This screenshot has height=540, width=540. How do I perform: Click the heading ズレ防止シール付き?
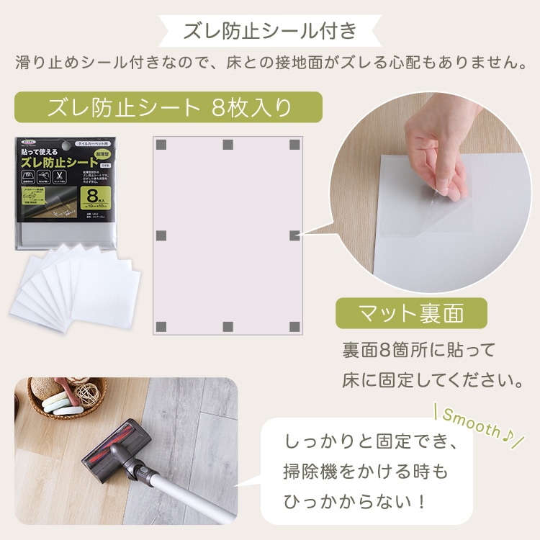click(269, 31)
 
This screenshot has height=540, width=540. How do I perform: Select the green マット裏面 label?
click(411, 313)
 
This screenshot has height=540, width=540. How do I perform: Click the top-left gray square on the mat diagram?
click(161, 145)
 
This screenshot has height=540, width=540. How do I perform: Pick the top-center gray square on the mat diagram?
click(228, 145)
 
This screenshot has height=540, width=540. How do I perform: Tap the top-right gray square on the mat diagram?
click(294, 145)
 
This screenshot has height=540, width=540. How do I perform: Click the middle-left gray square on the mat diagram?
click(161, 235)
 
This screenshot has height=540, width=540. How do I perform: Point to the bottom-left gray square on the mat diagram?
click(161, 326)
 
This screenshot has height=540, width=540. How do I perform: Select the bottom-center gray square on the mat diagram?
click(228, 326)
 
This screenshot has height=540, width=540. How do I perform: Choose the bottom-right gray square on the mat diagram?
click(294, 326)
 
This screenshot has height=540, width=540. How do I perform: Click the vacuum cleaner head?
click(115, 451)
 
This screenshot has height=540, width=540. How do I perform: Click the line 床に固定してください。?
click(432, 378)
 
